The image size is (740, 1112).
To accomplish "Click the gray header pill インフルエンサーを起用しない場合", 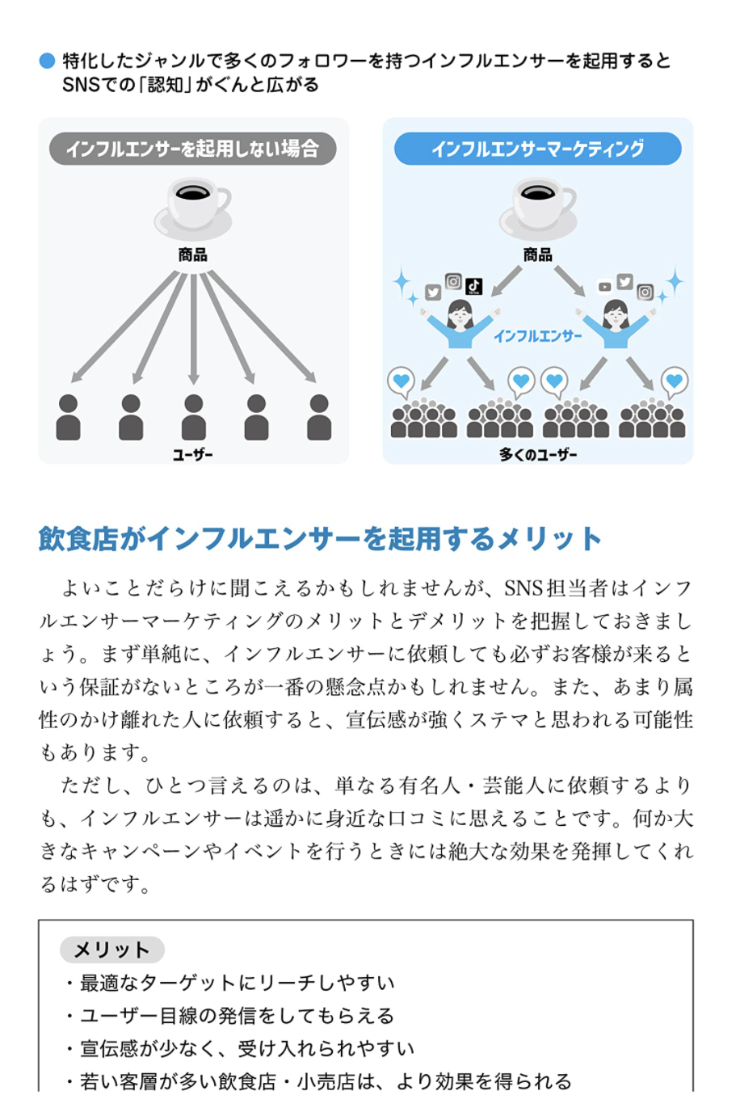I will (x=192, y=149).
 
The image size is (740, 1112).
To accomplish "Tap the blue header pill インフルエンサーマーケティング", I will (x=537, y=149).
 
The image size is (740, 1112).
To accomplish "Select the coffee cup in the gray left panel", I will (x=193, y=206).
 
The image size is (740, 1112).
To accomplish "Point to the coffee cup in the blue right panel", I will (x=538, y=206).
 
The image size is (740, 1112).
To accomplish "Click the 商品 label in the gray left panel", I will (x=193, y=255).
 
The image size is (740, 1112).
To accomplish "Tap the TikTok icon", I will (x=474, y=286).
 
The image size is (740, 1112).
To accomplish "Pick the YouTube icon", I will (x=604, y=287).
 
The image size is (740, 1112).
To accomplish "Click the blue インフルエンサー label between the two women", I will (x=537, y=336).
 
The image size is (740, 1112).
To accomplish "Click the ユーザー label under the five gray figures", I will (x=193, y=455).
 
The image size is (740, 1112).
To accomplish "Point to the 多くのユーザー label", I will (x=538, y=455).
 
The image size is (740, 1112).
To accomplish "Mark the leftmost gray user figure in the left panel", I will (x=69, y=417).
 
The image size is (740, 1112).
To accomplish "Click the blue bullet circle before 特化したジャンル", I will (x=47, y=61).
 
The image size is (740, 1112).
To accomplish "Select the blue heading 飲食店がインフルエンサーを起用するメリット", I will (x=320, y=538).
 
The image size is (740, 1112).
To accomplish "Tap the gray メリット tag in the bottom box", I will (x=111, y=950).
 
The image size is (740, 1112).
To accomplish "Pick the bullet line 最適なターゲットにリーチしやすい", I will (x=237, y=983).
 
